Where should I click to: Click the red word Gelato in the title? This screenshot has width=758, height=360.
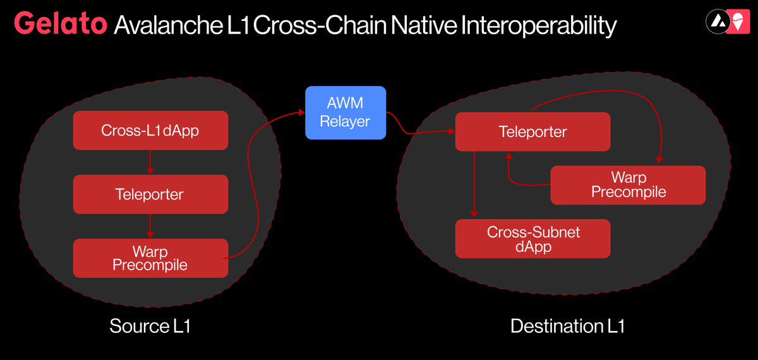[60, 24]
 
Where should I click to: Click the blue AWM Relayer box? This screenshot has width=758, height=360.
[345, 112]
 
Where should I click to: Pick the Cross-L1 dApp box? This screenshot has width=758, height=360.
[150, 131]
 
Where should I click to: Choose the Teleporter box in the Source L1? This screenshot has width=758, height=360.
[150, 194]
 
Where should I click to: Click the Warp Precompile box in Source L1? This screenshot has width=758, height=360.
[150, 258]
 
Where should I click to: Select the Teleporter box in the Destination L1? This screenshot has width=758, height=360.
[532, 132]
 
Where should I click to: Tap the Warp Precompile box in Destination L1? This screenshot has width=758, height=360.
[628, 184]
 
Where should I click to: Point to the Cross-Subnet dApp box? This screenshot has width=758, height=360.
[532, 239]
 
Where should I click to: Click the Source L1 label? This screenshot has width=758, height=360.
[150, 326]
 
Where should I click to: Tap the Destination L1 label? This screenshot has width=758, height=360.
[567, 326]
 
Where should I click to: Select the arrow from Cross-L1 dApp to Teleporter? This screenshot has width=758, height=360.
[150, 162]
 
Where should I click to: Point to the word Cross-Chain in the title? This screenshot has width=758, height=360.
[320, 25]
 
